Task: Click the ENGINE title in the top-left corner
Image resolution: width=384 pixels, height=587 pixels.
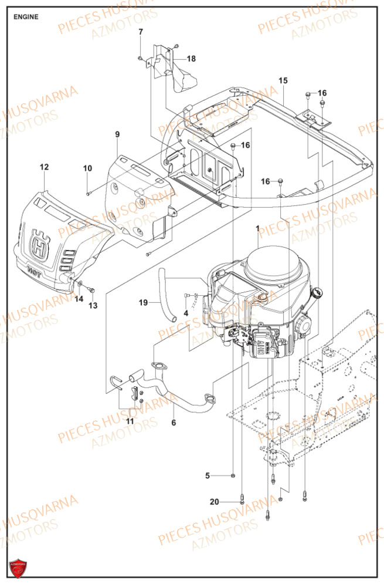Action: click(26, 17)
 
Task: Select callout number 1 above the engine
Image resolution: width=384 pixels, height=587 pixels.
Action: click(257, 227)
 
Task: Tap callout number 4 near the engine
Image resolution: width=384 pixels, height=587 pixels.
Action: click(186, 313)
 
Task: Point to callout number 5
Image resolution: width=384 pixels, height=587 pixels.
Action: click(207, 475)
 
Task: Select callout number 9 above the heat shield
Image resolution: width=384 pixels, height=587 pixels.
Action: click(117, 135)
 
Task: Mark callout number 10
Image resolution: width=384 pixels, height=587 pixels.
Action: click(87, 168)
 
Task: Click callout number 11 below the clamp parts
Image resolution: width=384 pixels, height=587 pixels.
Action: click(129, 421)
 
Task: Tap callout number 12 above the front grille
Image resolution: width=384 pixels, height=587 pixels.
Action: click(44, 167)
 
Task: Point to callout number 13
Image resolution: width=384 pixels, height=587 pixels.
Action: click(93, 305)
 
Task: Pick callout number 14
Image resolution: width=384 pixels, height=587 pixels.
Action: click(78, 299)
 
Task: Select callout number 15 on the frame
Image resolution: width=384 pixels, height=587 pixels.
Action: click(283, 80)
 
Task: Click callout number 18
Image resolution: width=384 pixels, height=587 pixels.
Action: click(192, 59)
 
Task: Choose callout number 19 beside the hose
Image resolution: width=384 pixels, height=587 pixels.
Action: click(143, 303)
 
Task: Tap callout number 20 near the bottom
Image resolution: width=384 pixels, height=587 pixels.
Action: click(214, 502)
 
